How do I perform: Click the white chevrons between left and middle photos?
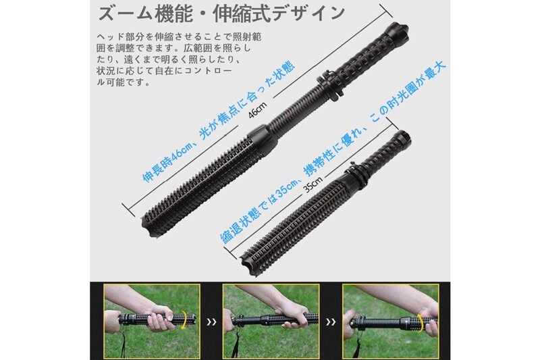coord(211,322)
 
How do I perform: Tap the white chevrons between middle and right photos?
coord(331,322)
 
